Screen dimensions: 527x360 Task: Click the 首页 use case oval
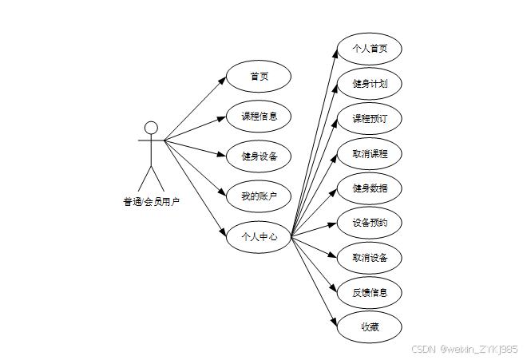click(259, 77)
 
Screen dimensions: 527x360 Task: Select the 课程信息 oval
click(259, 116)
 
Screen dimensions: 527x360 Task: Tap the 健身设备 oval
click(259, 156)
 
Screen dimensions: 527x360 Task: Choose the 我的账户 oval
click(259, 196)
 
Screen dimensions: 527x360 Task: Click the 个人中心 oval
click(259, 235)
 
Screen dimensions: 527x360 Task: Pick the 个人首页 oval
click(370, 48)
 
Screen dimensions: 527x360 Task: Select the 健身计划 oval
click(370, 83)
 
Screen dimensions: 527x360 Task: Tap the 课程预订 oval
click(370, 118)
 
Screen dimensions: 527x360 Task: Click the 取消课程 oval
click(370, 153)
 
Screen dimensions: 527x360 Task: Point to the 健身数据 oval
click(370, 188)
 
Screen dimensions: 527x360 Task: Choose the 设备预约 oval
click(370, 223)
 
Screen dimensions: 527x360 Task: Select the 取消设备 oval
click(370, 258)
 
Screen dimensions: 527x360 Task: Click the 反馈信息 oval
click(370, 292)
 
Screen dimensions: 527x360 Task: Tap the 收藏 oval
click(370, 326)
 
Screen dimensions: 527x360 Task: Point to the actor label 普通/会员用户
click(151, 201)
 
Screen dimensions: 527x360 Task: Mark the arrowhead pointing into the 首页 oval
click(223, 79)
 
